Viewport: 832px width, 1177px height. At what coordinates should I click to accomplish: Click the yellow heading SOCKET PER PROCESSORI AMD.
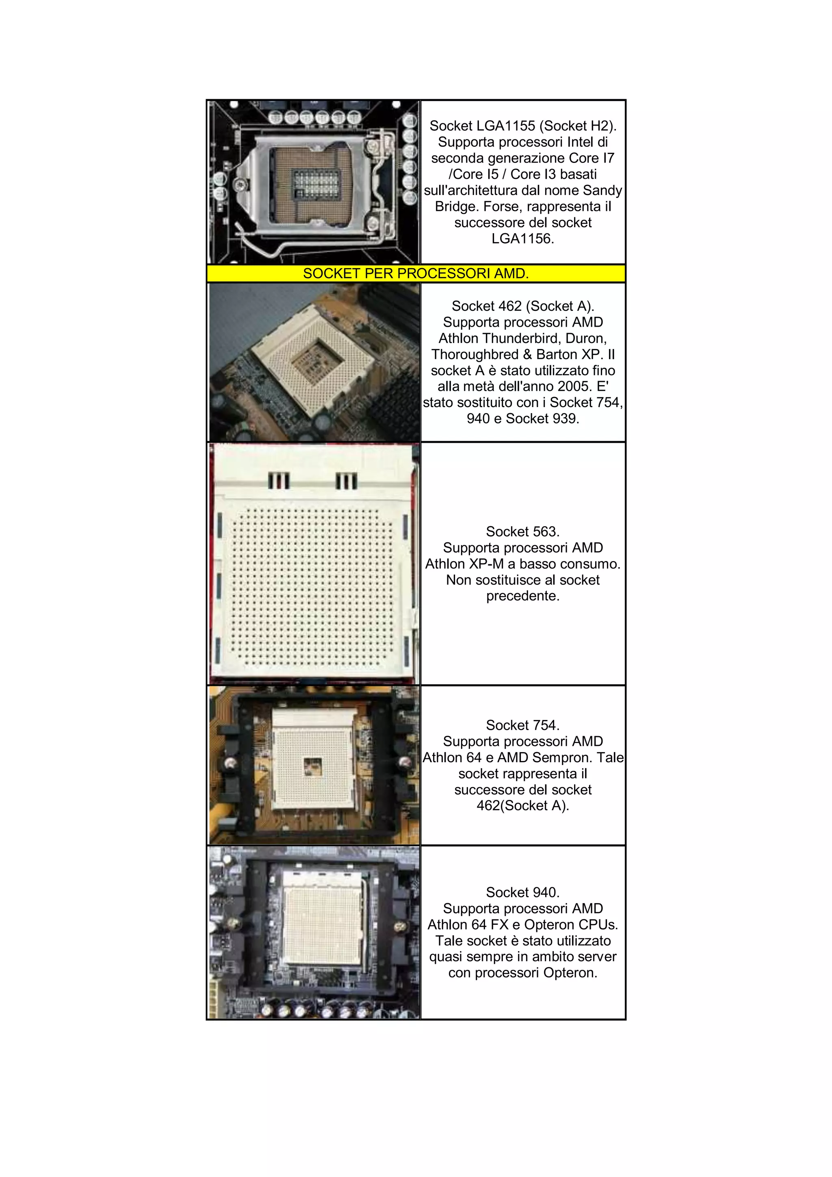tap(415, 273)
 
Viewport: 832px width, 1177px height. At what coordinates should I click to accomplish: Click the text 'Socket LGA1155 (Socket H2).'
tap(522, 126)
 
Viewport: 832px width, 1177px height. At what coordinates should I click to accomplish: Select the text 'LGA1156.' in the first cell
tap(522, 238)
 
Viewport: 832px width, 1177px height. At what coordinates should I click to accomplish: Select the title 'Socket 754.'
tap(522, 725)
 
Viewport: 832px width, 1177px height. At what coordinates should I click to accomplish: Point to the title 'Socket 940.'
tap(522, 893)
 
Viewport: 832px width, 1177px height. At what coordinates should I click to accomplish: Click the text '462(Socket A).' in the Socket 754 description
tap(522, 806)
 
